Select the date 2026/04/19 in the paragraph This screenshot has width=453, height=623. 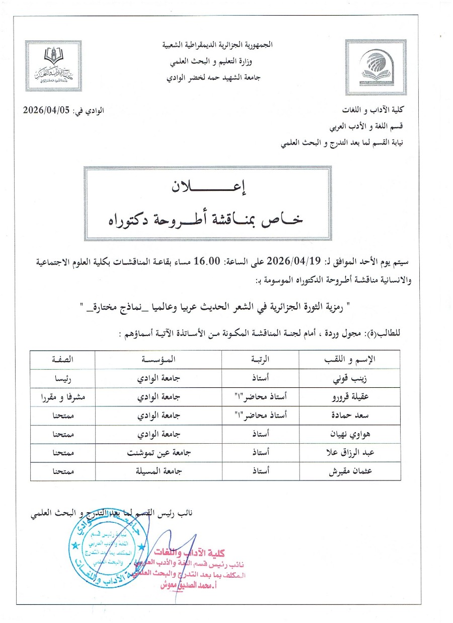[288, 261]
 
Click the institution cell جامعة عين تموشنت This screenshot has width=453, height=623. [158, 454]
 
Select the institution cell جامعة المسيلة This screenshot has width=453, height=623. [158, 472]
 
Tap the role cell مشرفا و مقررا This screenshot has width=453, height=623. [63, 397]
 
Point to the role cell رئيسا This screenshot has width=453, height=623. [63, 378]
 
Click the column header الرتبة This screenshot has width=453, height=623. [260, 360]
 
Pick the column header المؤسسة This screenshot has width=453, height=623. [158, 360]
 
